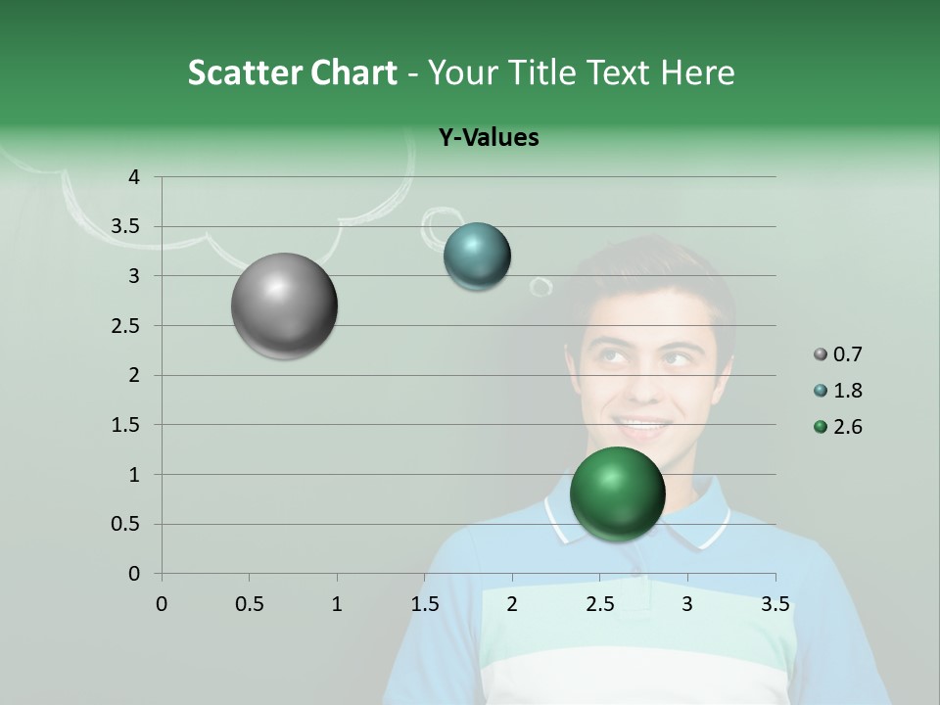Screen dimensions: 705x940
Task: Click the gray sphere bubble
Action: click(285, 305)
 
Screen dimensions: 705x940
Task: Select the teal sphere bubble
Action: click(477, 257)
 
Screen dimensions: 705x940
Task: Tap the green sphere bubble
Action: click(617, 493)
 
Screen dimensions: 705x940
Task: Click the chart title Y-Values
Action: click(488, 138)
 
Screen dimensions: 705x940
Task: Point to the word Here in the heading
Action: click(697, 72)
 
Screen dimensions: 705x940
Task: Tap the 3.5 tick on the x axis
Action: click(775, 604)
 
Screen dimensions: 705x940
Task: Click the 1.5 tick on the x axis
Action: click(424, 604)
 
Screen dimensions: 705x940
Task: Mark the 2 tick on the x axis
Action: click(512, 604)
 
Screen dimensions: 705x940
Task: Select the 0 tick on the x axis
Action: click(162, 604)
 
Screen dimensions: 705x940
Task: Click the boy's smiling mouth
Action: click(641, 425)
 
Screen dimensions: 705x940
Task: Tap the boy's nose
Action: click(646, 387)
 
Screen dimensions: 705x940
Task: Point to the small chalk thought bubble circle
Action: click(540, 287)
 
